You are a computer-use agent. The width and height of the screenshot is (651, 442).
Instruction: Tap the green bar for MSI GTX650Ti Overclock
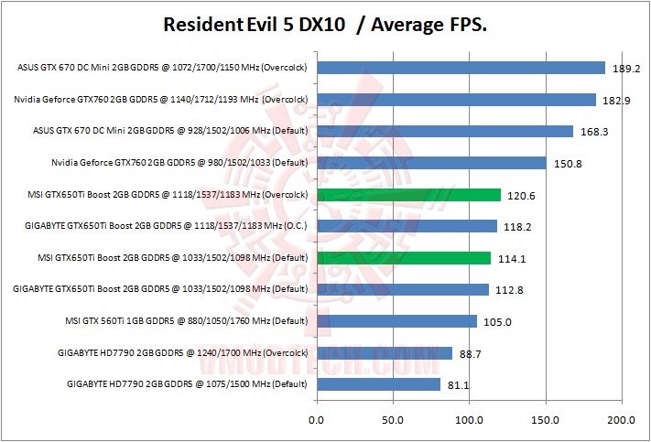[408, 194]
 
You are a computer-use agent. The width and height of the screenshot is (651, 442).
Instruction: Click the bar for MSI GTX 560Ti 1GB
[396, 320]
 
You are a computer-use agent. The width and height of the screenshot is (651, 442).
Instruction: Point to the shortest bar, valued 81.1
[378, 383]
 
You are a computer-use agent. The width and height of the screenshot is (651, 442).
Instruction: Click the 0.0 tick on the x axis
[317, 421]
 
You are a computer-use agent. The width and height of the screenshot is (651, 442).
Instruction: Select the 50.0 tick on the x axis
[393, 421]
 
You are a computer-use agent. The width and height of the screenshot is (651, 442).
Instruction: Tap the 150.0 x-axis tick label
[546, 421]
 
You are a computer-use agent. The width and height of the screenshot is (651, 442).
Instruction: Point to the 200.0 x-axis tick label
[622, 421]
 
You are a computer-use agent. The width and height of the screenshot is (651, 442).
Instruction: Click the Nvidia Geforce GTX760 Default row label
[180, 163]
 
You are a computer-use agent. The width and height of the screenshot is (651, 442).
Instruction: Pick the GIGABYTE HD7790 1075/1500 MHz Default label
[187, 384]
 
